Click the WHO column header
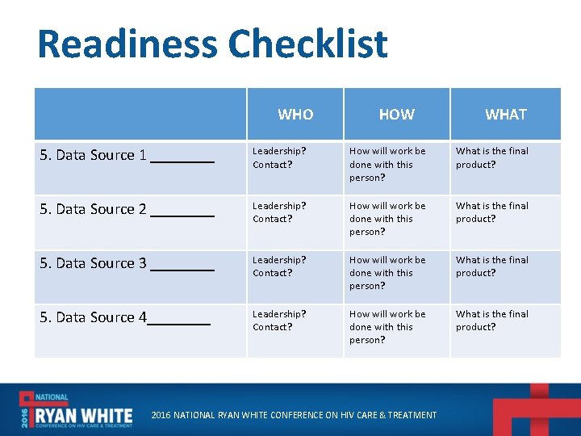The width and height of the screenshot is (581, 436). [295, 115]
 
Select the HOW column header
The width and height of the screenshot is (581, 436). [396, 115]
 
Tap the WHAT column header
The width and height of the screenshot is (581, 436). [505, 115]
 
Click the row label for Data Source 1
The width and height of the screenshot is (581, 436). [127, 156]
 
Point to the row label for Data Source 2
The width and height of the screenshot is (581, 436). [127, 210]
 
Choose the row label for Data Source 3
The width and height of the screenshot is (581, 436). [127, 264]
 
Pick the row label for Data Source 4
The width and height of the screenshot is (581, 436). [125, 318]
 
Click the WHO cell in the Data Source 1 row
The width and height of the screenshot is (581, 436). [279, 157]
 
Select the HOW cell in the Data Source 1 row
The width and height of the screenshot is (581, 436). [387, 164]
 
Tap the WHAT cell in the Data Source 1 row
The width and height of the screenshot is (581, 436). [492, 157]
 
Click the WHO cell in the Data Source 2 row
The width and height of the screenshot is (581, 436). [279, 212]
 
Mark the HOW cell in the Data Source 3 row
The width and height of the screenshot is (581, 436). [387, 273]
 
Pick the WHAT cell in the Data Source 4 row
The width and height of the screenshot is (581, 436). [492, 321]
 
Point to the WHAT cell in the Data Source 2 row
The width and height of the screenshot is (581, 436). [492, 212]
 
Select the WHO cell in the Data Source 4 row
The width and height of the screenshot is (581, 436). [279, 321]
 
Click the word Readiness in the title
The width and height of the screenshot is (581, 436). [127, 44]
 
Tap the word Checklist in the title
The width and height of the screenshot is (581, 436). [307, 44]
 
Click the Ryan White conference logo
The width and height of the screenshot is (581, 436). [77, 410]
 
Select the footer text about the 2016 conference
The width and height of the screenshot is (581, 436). [295, 415]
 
